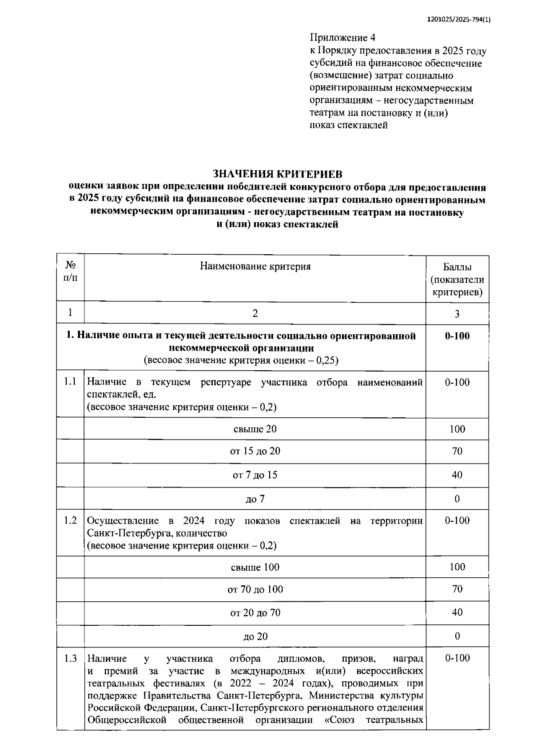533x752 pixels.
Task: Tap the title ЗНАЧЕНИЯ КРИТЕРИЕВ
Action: point(278,173)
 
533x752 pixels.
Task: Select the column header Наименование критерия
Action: point(255,266)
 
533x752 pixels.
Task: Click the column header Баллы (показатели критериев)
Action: point(457,280)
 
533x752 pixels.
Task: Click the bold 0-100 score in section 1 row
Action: point(457,336)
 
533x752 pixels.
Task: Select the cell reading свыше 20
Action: point(255,429)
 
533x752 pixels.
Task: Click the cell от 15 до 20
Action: point(255,451)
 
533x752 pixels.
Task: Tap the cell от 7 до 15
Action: point(255,475)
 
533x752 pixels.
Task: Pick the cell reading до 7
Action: point(255,499)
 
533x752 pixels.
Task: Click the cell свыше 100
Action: point(255,567)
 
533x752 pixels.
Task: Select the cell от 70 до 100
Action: point(255,589)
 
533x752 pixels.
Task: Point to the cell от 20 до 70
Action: point(255,613)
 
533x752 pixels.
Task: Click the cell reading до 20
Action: point(255,636)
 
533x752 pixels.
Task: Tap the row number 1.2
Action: point(70,520)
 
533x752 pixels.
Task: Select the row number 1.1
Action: point(70,382)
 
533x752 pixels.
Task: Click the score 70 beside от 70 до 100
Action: point(457,589)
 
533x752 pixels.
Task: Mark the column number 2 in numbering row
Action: point(255,314)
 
